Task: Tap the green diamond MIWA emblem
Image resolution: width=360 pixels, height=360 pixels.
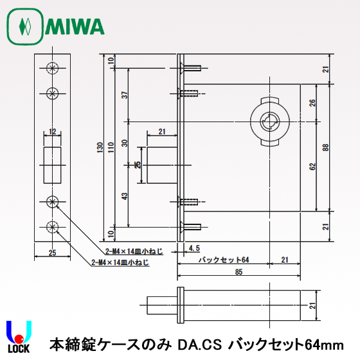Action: click(x=25, y=26)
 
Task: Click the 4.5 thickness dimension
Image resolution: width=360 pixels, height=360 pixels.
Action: click(x=194, y=247)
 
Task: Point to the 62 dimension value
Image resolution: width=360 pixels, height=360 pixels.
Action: click(x=312, y=166)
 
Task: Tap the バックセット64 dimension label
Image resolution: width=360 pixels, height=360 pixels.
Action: click(x=222, y=260)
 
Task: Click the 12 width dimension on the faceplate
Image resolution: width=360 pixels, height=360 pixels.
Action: click(x=53, y=132)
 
